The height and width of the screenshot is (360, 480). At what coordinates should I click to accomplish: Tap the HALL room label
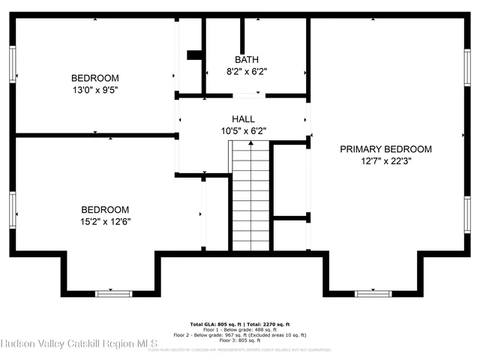[243, 118]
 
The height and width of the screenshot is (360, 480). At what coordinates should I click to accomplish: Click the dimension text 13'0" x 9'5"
[94, 90]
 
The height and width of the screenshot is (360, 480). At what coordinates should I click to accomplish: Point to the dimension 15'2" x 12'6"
[105, 221]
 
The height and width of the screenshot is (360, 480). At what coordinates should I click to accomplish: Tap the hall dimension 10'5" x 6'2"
[243, 130]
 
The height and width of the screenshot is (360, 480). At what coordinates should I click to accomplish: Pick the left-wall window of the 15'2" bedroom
[12, 209]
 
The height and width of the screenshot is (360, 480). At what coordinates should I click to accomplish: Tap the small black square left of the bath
[193, 54]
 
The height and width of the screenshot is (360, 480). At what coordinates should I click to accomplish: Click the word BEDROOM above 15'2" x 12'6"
[105, 209]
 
